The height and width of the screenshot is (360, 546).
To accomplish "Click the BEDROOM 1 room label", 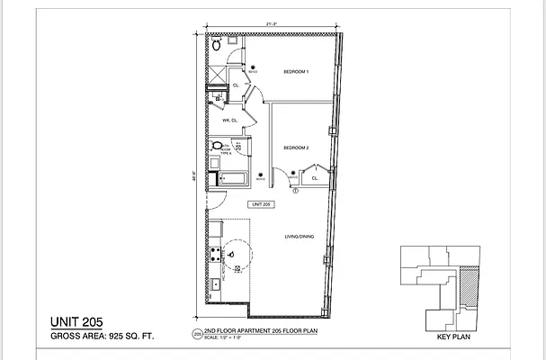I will [296, 72].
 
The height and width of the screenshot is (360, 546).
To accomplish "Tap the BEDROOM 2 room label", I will [296, 148].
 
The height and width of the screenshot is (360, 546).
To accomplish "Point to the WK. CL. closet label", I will [228, 120].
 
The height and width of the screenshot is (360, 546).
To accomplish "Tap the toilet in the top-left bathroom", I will [217, 45].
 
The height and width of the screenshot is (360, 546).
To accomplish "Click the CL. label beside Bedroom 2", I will [315, 178].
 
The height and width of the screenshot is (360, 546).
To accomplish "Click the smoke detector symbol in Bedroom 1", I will [254, 67].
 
